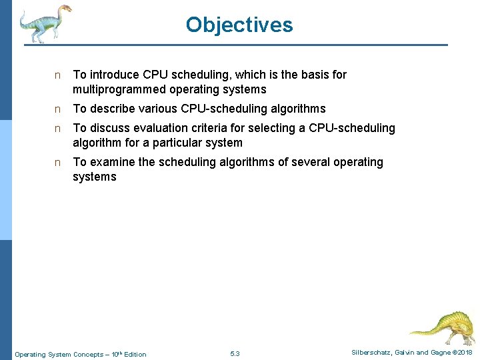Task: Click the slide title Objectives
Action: click(239, 25)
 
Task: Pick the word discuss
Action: click(109, 128)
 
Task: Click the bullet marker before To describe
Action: click(58, 109)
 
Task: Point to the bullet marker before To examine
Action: click(58, 163)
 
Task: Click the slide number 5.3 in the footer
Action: click(235, 353)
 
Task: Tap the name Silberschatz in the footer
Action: click(371, 353)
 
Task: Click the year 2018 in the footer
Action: click(465, 353)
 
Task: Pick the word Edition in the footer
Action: click(135, 354)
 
